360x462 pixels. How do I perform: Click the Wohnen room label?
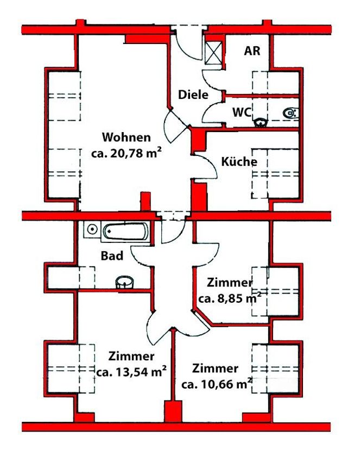(127, 138)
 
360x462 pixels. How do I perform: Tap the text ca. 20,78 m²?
(127, 153)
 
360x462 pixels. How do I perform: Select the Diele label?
(193, 95)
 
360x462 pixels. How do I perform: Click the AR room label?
(252, 51)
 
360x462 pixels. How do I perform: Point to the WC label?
(242, 113)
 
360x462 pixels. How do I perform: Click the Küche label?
(239, 161)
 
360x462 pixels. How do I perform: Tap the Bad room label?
(112, 256)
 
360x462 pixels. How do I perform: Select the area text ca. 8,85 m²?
(230, 298)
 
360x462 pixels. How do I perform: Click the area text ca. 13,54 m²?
(131, 372)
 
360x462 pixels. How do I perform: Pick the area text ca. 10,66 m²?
(217, 384)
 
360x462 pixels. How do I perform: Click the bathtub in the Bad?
(126, 232)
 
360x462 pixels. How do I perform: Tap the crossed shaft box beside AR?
(214, 52)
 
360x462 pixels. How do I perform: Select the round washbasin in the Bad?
(125, 282)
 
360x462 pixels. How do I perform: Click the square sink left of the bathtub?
(92, 229)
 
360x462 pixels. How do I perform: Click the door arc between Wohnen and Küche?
(212, 167)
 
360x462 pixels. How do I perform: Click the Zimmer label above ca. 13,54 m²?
(131, 356)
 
